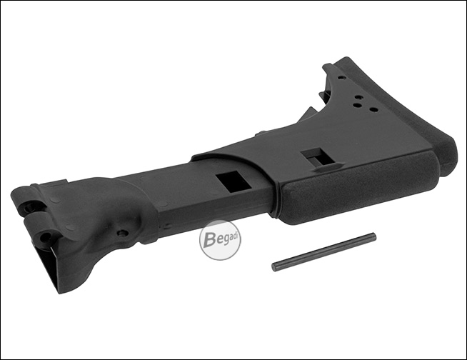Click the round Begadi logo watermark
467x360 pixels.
[220, 240]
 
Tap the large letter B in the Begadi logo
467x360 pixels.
[210, 239]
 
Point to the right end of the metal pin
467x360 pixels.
[375, 236]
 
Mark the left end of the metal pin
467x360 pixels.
[273, 266]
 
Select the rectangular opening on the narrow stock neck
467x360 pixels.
[233, 182]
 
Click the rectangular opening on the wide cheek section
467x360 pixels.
[316, 157]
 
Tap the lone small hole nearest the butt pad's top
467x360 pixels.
[341, 77]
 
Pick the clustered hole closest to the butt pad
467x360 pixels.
[373, 109]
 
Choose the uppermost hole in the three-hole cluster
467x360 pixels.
[359, 97]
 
